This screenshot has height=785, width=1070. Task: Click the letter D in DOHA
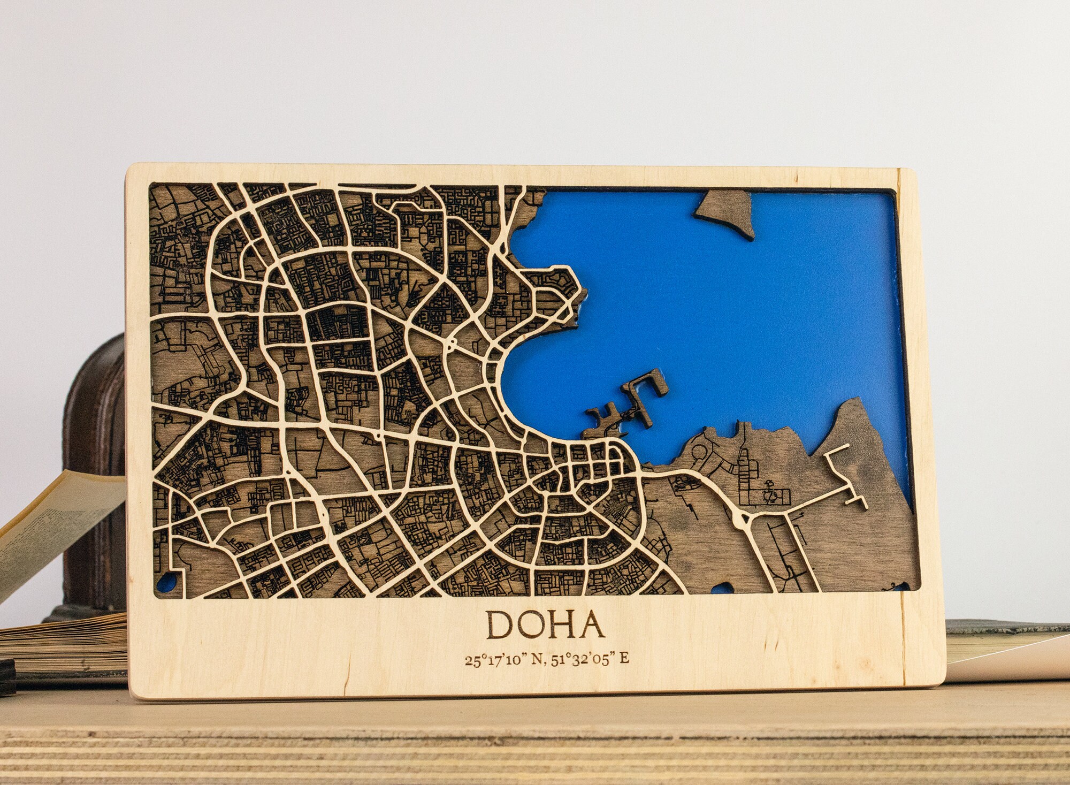click(x=499, y=625)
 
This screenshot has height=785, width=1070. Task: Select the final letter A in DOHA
click(x=591, y=625)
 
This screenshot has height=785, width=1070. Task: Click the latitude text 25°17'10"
click(x=493, y=659)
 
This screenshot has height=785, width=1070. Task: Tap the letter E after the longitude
click(x=624, y=659)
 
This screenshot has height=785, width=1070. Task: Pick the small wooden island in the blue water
click(x=723, y=213)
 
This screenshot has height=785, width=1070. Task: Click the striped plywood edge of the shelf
click(x=535, y=749)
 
